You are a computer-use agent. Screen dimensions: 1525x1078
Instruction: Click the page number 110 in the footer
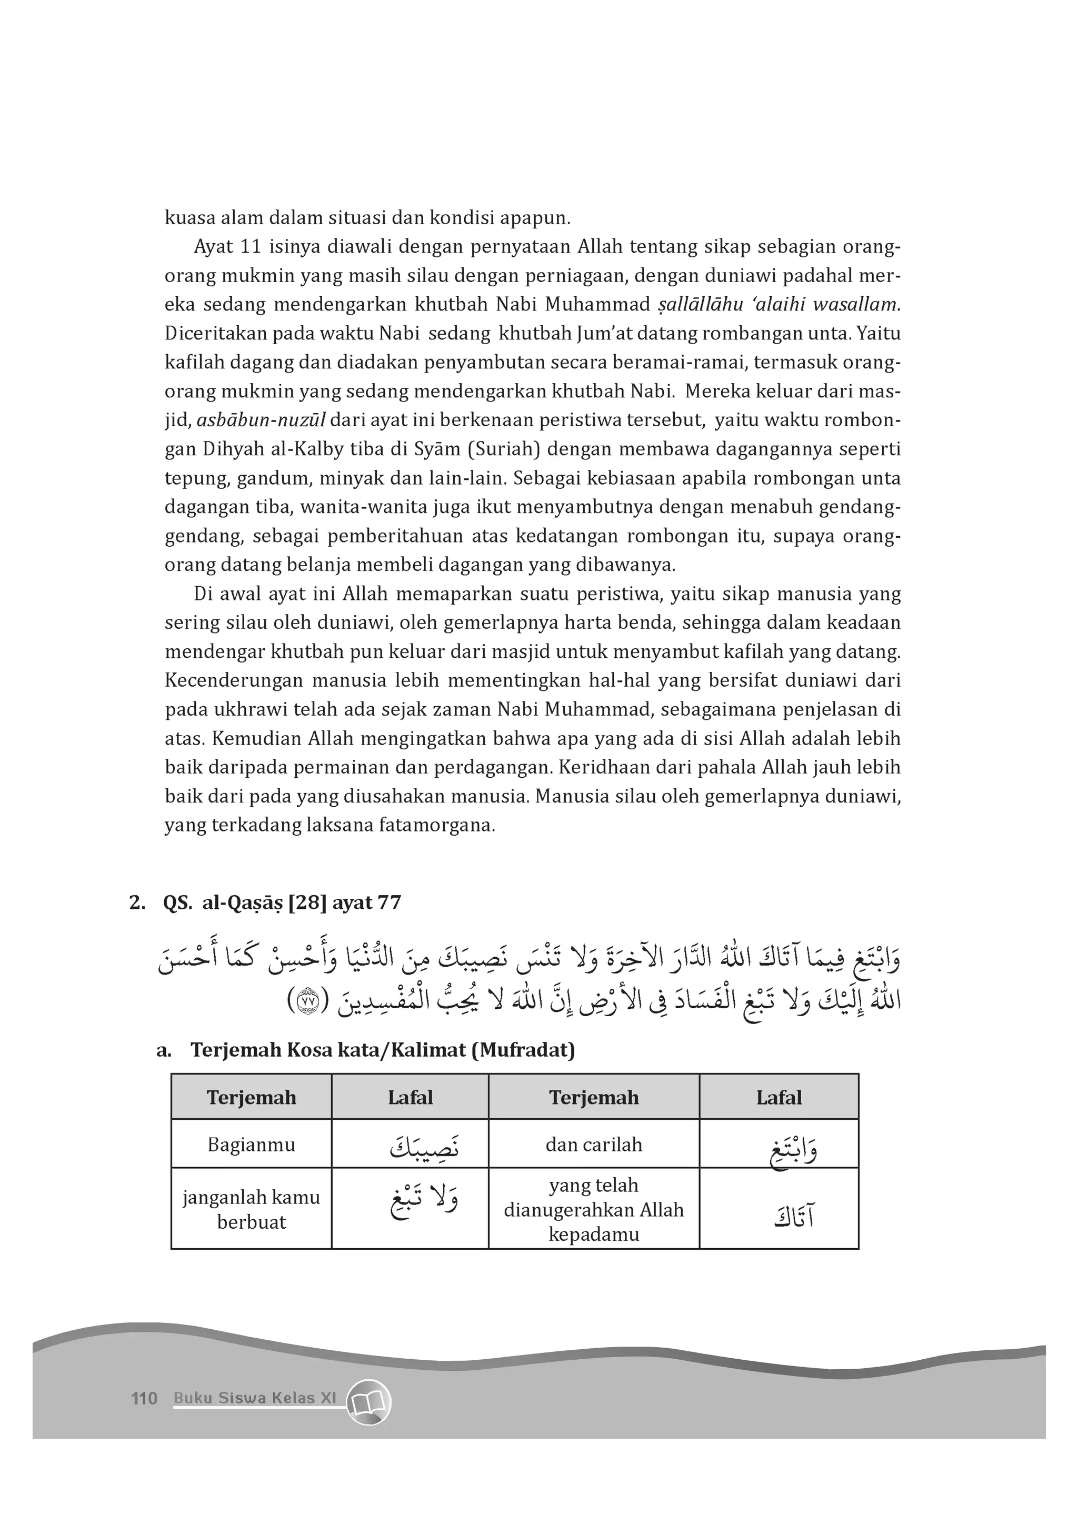click(144, 1398)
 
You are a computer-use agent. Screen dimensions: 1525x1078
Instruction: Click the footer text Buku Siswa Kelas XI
click(255, 1398)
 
